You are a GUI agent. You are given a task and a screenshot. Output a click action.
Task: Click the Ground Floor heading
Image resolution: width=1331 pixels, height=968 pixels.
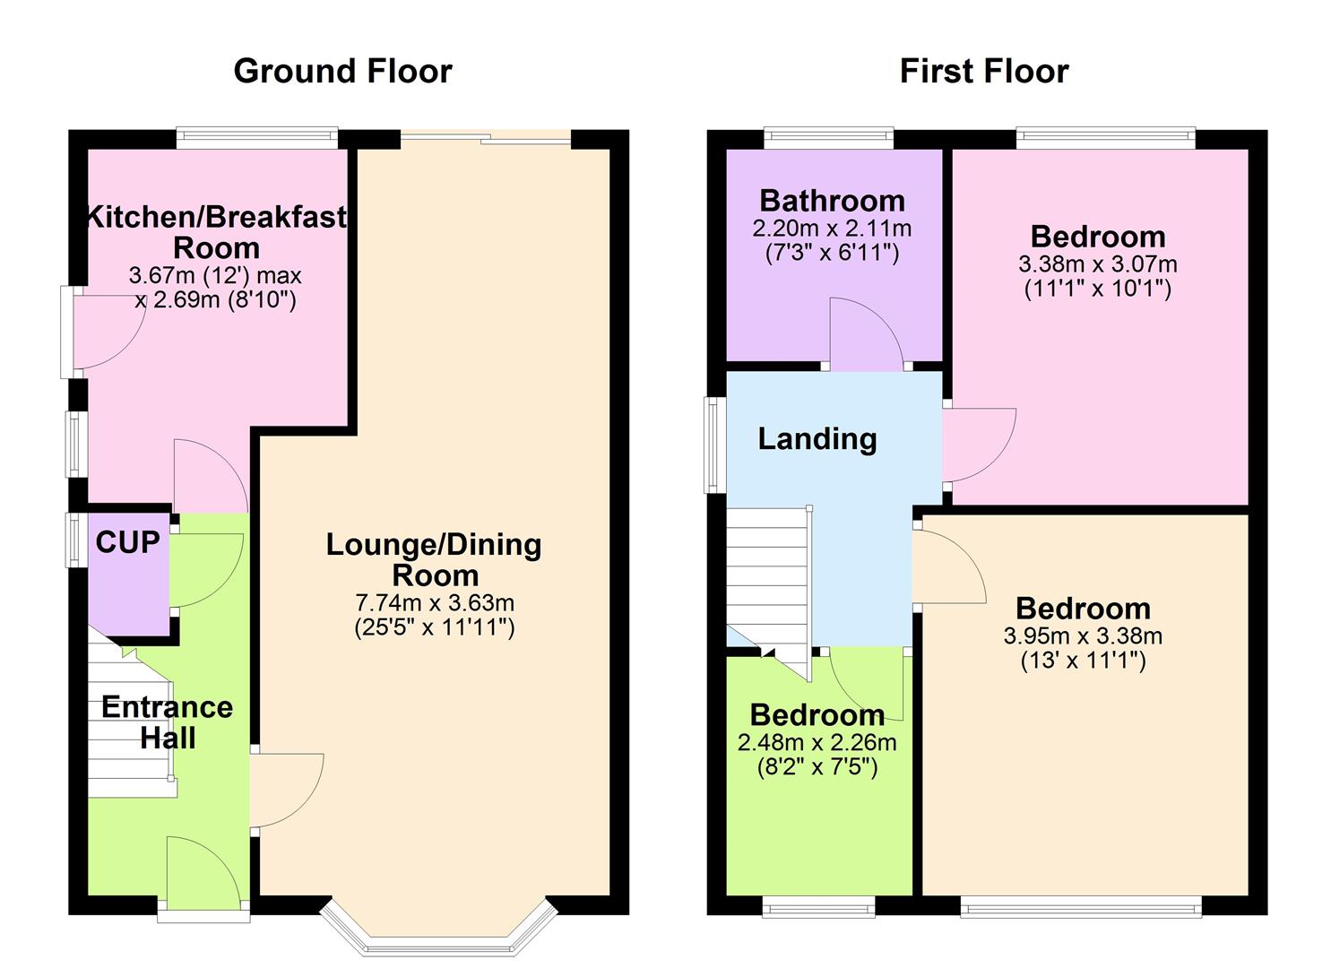[342, 71]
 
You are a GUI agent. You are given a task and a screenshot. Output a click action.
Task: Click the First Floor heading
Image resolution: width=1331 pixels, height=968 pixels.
[983, 71]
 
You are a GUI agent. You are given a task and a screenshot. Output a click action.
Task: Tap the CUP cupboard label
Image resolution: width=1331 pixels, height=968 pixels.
[127, 542]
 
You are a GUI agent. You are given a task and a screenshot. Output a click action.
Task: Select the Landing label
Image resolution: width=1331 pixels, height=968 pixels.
[817, 438]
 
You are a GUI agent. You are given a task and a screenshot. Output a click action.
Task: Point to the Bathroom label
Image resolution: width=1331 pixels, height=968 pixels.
[832, 200]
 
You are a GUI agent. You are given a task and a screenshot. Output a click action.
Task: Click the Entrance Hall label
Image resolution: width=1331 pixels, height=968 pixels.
[167, 722]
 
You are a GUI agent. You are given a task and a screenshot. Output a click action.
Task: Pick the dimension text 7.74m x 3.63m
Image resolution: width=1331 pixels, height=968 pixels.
[435, 602]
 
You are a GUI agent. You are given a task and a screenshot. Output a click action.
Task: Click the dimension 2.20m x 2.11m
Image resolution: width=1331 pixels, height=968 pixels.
[832, 229]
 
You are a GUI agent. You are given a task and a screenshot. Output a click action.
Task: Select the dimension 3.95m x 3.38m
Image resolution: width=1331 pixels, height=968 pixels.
[1083, 636]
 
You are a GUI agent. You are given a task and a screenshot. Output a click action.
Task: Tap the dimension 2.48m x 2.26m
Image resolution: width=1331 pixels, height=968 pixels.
[817, 742]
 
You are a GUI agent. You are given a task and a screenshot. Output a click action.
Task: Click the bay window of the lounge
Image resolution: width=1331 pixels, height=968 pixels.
[438, 932]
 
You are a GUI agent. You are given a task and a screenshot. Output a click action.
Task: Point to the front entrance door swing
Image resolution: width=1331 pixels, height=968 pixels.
[202, 869]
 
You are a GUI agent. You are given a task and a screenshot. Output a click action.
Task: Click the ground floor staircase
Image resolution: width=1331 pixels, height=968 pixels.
[130, 726]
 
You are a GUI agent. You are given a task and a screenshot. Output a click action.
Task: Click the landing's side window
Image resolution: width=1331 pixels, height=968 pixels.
[714, 445]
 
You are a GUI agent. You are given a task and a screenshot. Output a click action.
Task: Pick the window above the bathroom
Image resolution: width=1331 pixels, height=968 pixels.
[828, 137]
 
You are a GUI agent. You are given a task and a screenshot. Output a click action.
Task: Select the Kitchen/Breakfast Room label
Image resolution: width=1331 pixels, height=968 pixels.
[216, 232]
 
